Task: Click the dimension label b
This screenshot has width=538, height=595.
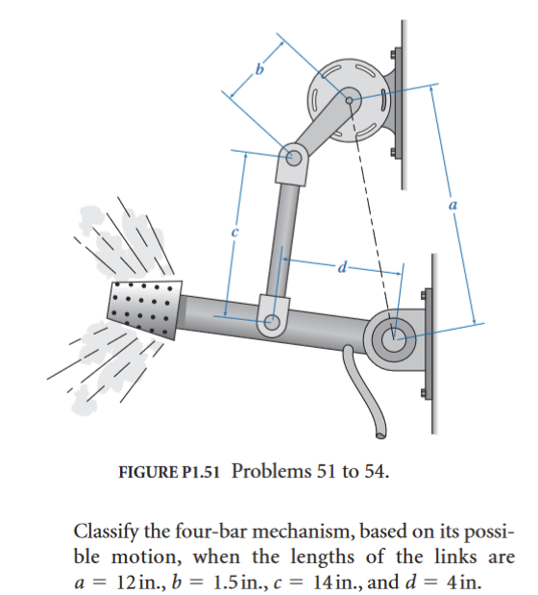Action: coord(257,68)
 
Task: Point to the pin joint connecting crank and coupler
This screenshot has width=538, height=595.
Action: coord(293,154)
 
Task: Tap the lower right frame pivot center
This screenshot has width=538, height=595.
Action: coord(394,337)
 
